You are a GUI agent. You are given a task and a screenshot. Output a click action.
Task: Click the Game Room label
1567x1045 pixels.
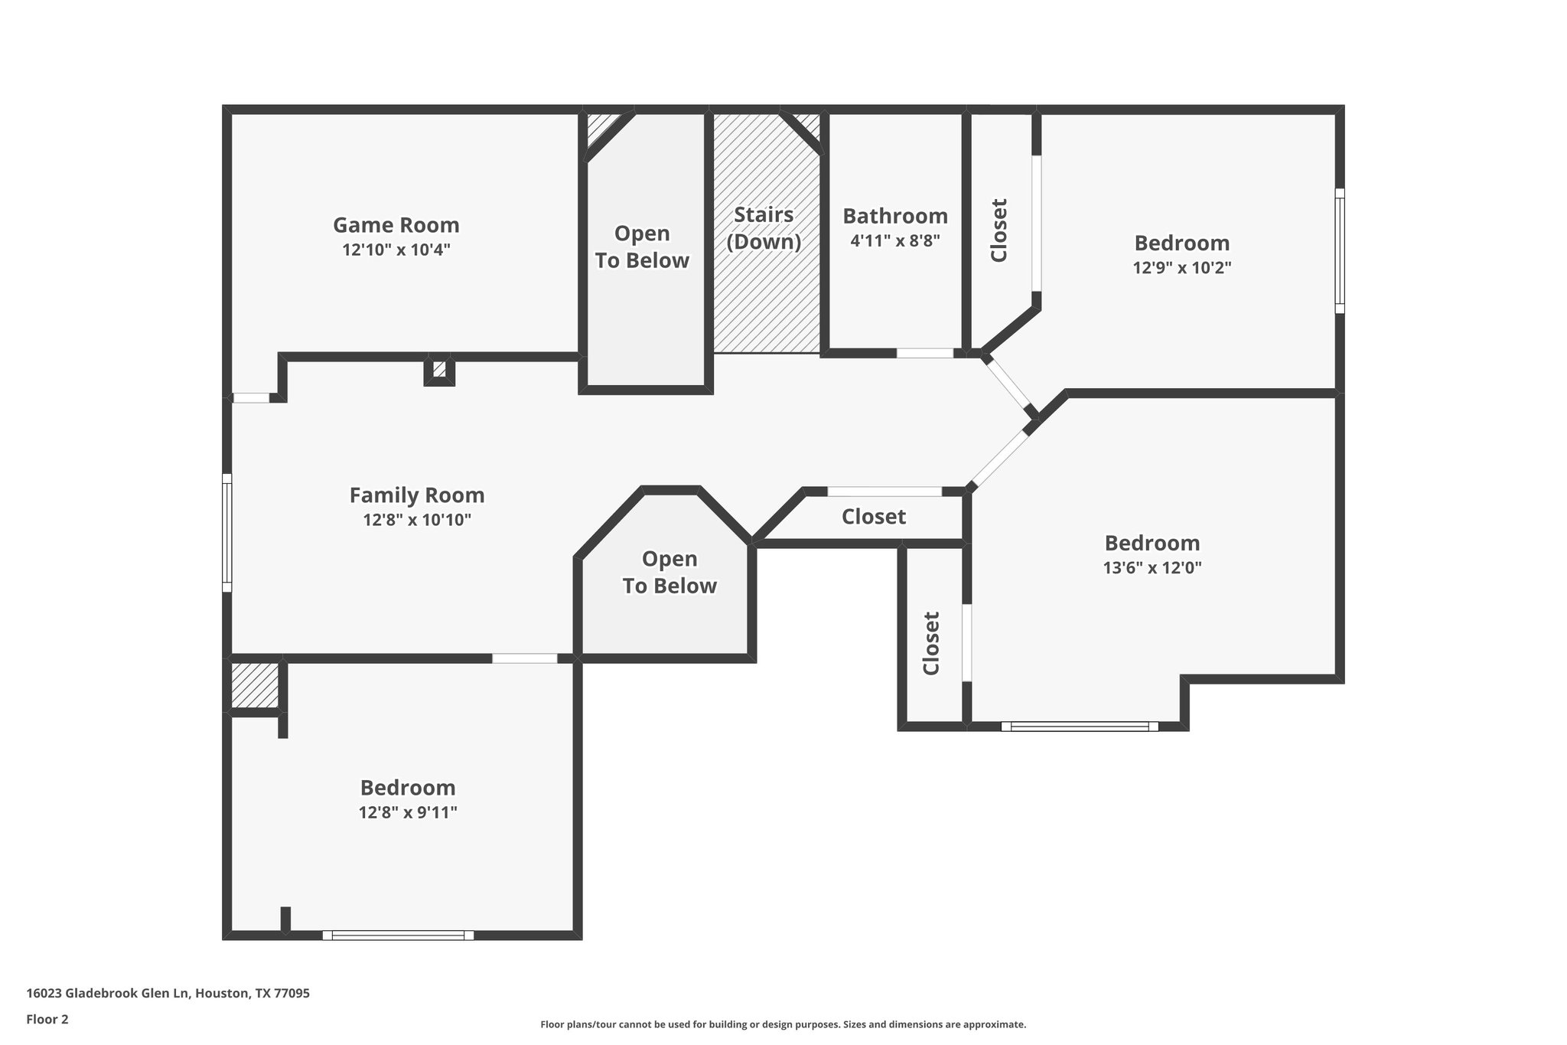coord(396,225)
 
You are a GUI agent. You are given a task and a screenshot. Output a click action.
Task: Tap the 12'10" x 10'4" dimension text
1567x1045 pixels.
coord(396,250)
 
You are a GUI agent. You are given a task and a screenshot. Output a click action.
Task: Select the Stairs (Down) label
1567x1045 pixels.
coord(764,228)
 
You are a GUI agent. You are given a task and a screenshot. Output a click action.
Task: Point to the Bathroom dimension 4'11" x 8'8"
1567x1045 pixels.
coord(894,240)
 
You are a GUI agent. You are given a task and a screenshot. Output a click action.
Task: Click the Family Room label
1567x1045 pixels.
coord(417,495)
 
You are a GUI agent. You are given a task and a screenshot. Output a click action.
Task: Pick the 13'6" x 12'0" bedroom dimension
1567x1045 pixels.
coord(1152,568)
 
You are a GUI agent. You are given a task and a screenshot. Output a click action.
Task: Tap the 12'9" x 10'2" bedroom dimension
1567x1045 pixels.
coord(1181,268)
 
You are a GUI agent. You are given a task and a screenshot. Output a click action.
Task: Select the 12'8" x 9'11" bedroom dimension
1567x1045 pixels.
coord(408,812)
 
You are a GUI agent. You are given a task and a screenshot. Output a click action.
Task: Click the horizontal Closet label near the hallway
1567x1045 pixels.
coord(873,517)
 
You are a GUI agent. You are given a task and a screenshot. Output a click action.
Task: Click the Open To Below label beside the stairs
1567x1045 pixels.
coord(642,247)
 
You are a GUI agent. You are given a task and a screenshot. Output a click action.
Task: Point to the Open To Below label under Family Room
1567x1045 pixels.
coord(669,572)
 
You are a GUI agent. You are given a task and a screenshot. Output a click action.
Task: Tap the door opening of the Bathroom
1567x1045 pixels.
coord(924,353)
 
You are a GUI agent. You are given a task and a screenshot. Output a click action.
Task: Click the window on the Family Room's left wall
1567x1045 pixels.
coord(226,532)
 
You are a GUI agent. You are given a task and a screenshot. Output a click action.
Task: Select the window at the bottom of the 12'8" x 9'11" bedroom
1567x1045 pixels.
coord(398,935)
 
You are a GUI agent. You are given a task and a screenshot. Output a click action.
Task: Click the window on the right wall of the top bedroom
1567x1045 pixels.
coord(1339,251)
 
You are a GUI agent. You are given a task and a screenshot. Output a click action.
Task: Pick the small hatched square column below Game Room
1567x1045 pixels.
coord(439,370)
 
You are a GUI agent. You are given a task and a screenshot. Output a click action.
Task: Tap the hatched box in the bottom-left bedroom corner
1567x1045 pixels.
coord(254,686)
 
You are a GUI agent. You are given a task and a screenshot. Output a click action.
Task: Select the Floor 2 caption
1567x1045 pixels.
coord(47,1019)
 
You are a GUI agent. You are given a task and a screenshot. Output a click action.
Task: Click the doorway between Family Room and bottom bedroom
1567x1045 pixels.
coord(524,658)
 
